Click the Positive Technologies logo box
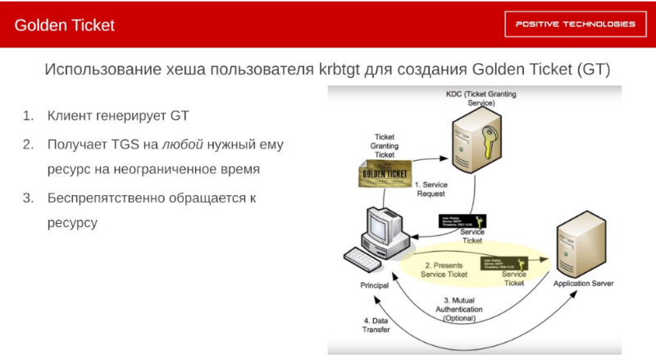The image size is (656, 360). coord(575,24)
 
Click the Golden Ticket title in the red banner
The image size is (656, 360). coord(65,25)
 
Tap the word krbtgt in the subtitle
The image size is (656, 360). coord(351,69)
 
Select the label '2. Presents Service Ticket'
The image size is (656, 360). coord(444,269)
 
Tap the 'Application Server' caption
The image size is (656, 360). coord(583,284)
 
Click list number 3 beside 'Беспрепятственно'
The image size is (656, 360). coord(27,198)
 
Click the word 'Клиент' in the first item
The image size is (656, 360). coord(71,116)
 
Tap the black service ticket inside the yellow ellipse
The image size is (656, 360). coord(514,262)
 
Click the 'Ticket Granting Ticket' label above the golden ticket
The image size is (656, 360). coord(384,145)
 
